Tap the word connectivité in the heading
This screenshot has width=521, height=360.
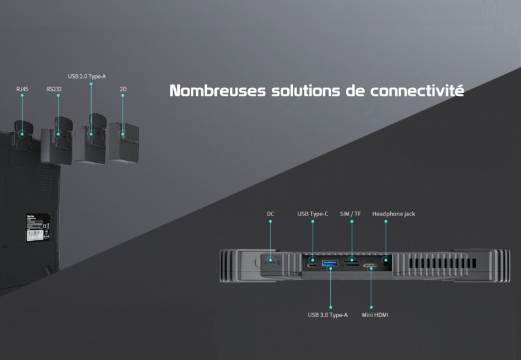[417, 90]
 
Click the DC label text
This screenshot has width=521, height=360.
[271, 214]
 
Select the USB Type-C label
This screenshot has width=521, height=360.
[312, 214]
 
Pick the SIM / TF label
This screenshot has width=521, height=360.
[352, 214]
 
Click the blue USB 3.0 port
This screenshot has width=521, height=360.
[329, 263]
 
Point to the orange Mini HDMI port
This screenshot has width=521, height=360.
[370, 266]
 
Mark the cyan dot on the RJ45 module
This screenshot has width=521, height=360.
[22, 134]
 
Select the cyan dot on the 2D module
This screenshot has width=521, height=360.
[122, 134]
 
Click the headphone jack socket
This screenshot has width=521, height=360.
[386, 263]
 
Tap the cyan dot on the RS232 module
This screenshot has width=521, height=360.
[59, 135]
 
